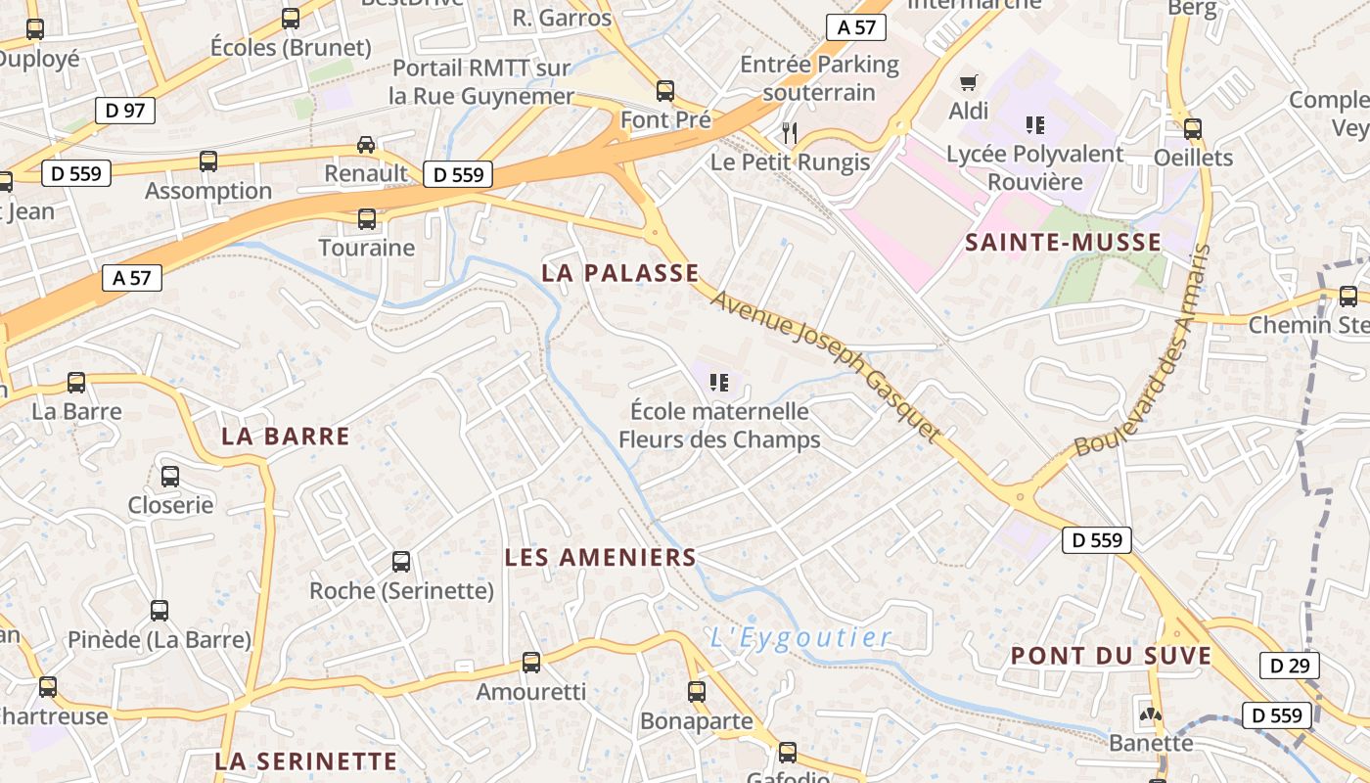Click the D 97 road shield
[125, 111]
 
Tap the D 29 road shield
[1289, 666]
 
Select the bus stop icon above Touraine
[367, 219]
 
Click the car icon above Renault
[366, 145]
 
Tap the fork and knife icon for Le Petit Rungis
[790, 132]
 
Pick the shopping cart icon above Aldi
[969, 83]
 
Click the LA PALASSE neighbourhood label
[621, 273]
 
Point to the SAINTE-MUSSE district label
[1064, 243]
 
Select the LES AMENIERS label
[600, 558]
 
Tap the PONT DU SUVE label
[1111, 656]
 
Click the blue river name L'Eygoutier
[801, 638]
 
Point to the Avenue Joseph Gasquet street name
[826, 364]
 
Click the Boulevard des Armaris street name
[1143, 350]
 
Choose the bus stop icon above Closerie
[170, 477]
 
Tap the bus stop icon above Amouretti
[531, 663]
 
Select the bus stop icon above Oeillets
[1193, 128]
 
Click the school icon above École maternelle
[719, 382]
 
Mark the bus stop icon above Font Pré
[665, 91]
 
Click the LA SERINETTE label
[305, 760]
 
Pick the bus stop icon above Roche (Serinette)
[401, 562]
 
